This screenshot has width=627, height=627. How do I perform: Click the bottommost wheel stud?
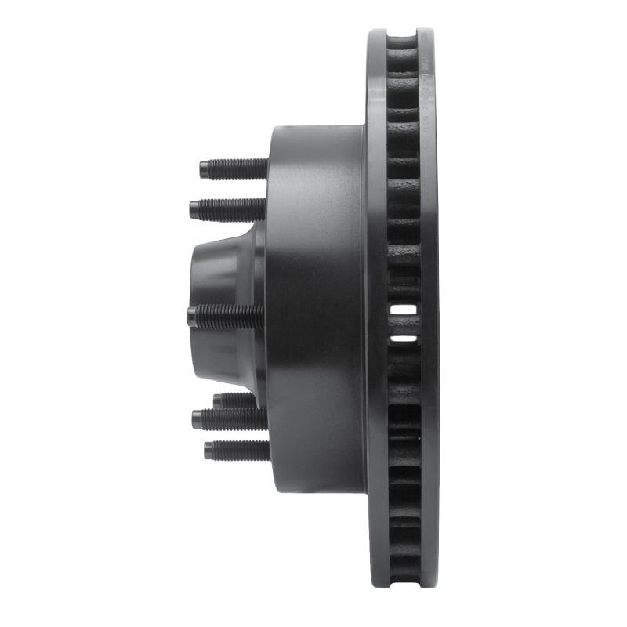click(x=237, y=450)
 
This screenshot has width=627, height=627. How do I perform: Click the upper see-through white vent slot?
click(x=404, y=310)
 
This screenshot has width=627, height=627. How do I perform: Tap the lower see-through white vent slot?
click(x=404, y=339)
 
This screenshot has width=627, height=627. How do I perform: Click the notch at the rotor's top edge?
click(x=403, y=35)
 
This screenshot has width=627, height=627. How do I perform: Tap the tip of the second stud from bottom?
click(x=196, y=419)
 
